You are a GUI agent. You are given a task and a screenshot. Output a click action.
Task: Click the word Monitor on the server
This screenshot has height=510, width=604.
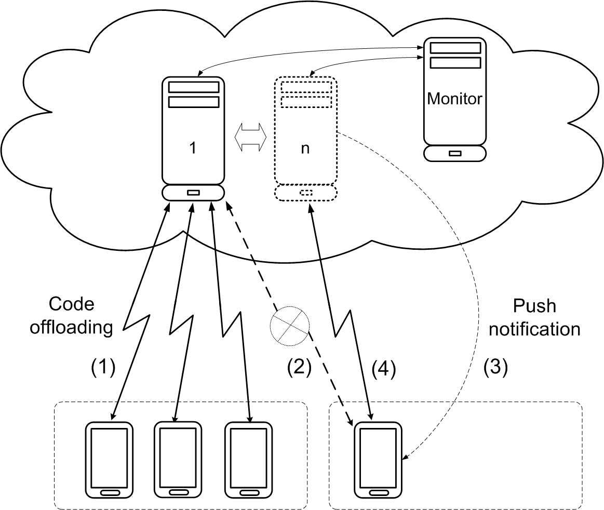click(454, 99)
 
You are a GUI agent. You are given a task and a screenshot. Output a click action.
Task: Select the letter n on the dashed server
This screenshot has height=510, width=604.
click(305, 148)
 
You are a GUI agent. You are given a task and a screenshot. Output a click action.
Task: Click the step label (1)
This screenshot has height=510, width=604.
click(102, 368)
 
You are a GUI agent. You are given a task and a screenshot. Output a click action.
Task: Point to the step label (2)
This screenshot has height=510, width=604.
click(299, 368)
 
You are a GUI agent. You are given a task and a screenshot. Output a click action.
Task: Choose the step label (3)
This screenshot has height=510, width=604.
click(495, 368)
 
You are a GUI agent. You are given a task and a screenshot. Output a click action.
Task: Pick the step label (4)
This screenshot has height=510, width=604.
click(384, 369)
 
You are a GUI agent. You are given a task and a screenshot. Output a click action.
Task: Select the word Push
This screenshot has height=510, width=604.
click(534, 306)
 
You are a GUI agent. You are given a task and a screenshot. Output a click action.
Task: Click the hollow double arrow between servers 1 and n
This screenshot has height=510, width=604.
click(250, 137)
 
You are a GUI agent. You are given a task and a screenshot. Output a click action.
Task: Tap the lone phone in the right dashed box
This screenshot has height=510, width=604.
click(378, 459)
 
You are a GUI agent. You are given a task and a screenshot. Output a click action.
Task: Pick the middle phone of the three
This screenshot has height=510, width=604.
click(178, 459)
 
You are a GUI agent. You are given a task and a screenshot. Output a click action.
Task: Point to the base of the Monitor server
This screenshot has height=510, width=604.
click(454, 153)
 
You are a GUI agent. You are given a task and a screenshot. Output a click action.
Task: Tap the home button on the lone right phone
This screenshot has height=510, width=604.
click(378, 492)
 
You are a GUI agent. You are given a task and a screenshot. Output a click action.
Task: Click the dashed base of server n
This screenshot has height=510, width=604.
click(305, 193)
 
